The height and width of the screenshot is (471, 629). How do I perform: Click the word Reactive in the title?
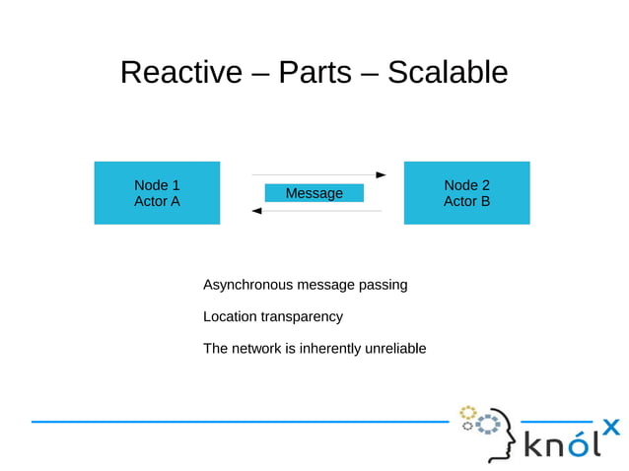point(180,72)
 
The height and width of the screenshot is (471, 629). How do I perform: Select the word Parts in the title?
point(314,72)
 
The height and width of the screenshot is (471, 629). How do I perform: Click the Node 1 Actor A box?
point(157,193)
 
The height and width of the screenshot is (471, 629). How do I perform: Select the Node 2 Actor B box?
point(466,193)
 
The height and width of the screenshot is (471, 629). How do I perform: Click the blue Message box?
point(314,193)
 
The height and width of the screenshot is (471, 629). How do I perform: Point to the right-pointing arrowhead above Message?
point(381,174)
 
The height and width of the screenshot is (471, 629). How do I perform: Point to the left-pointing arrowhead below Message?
point(257,211)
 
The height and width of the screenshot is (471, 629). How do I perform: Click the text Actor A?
point(157,202)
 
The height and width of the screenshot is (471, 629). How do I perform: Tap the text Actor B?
point(466,202)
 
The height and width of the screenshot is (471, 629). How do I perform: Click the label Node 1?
point(157,185)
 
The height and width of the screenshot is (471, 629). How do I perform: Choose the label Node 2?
point(466,185)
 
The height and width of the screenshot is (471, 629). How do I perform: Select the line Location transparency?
point(273,316)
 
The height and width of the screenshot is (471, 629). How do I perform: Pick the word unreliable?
point(394,348)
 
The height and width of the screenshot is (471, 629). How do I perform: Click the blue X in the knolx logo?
point(611,427)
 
